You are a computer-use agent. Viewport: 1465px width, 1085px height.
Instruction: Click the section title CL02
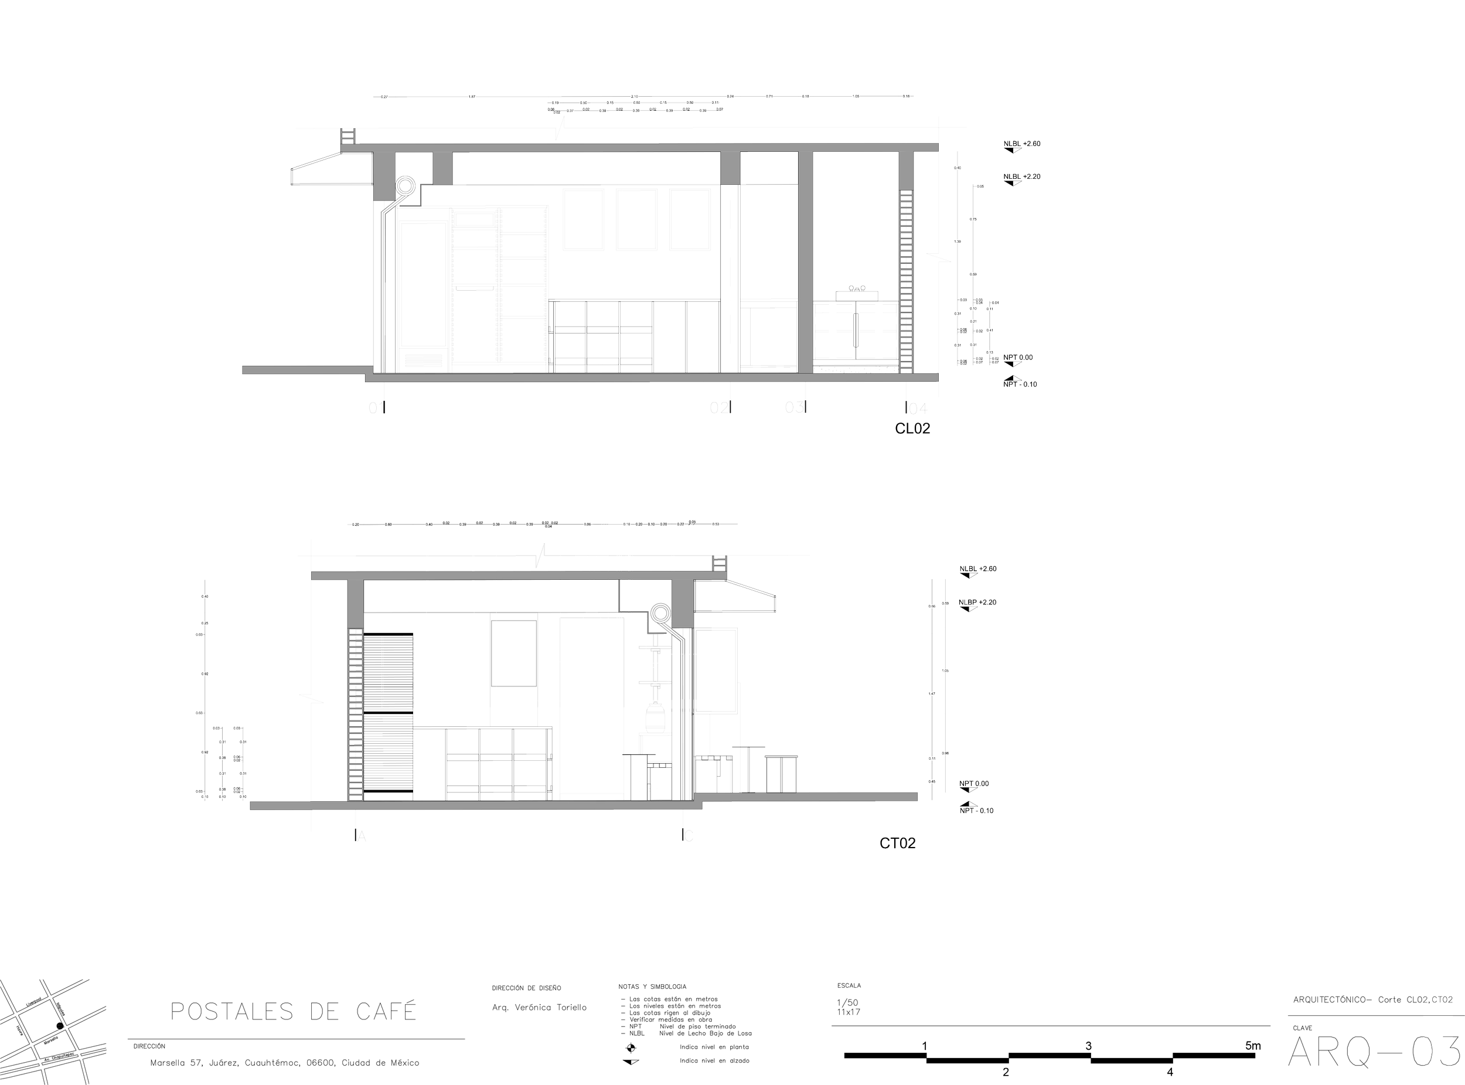(x=913, y=429)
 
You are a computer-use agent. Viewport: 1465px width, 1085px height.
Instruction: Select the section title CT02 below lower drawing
(x=897, y=844)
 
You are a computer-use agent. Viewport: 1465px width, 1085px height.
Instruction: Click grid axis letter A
(x=360, y=836)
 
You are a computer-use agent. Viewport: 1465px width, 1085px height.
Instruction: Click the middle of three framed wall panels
(x=637, y=219)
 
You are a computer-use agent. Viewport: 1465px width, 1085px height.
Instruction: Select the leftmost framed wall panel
(x=584, y=219)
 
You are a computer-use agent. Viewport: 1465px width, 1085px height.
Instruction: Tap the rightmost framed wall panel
(x=690, y=219)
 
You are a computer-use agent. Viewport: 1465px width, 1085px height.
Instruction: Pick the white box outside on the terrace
(x=781, y=774)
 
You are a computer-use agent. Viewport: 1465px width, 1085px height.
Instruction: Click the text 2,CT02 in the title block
(x=1437, y=1000)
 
